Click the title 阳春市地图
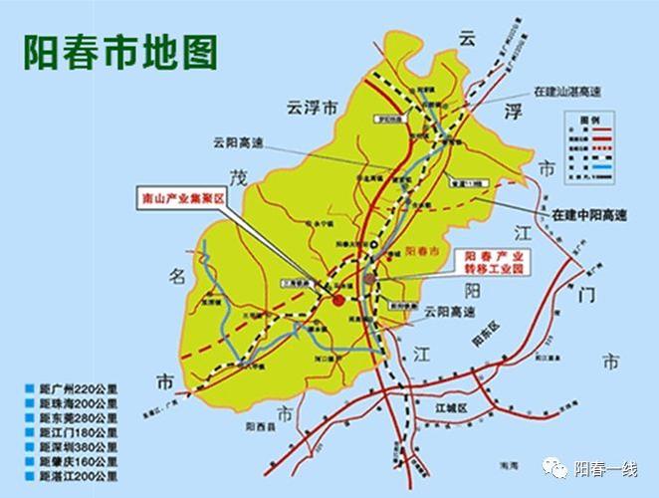[x=120, y=53]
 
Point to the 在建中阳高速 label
[x=591, y=215]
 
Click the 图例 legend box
[x=587, y=138]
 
